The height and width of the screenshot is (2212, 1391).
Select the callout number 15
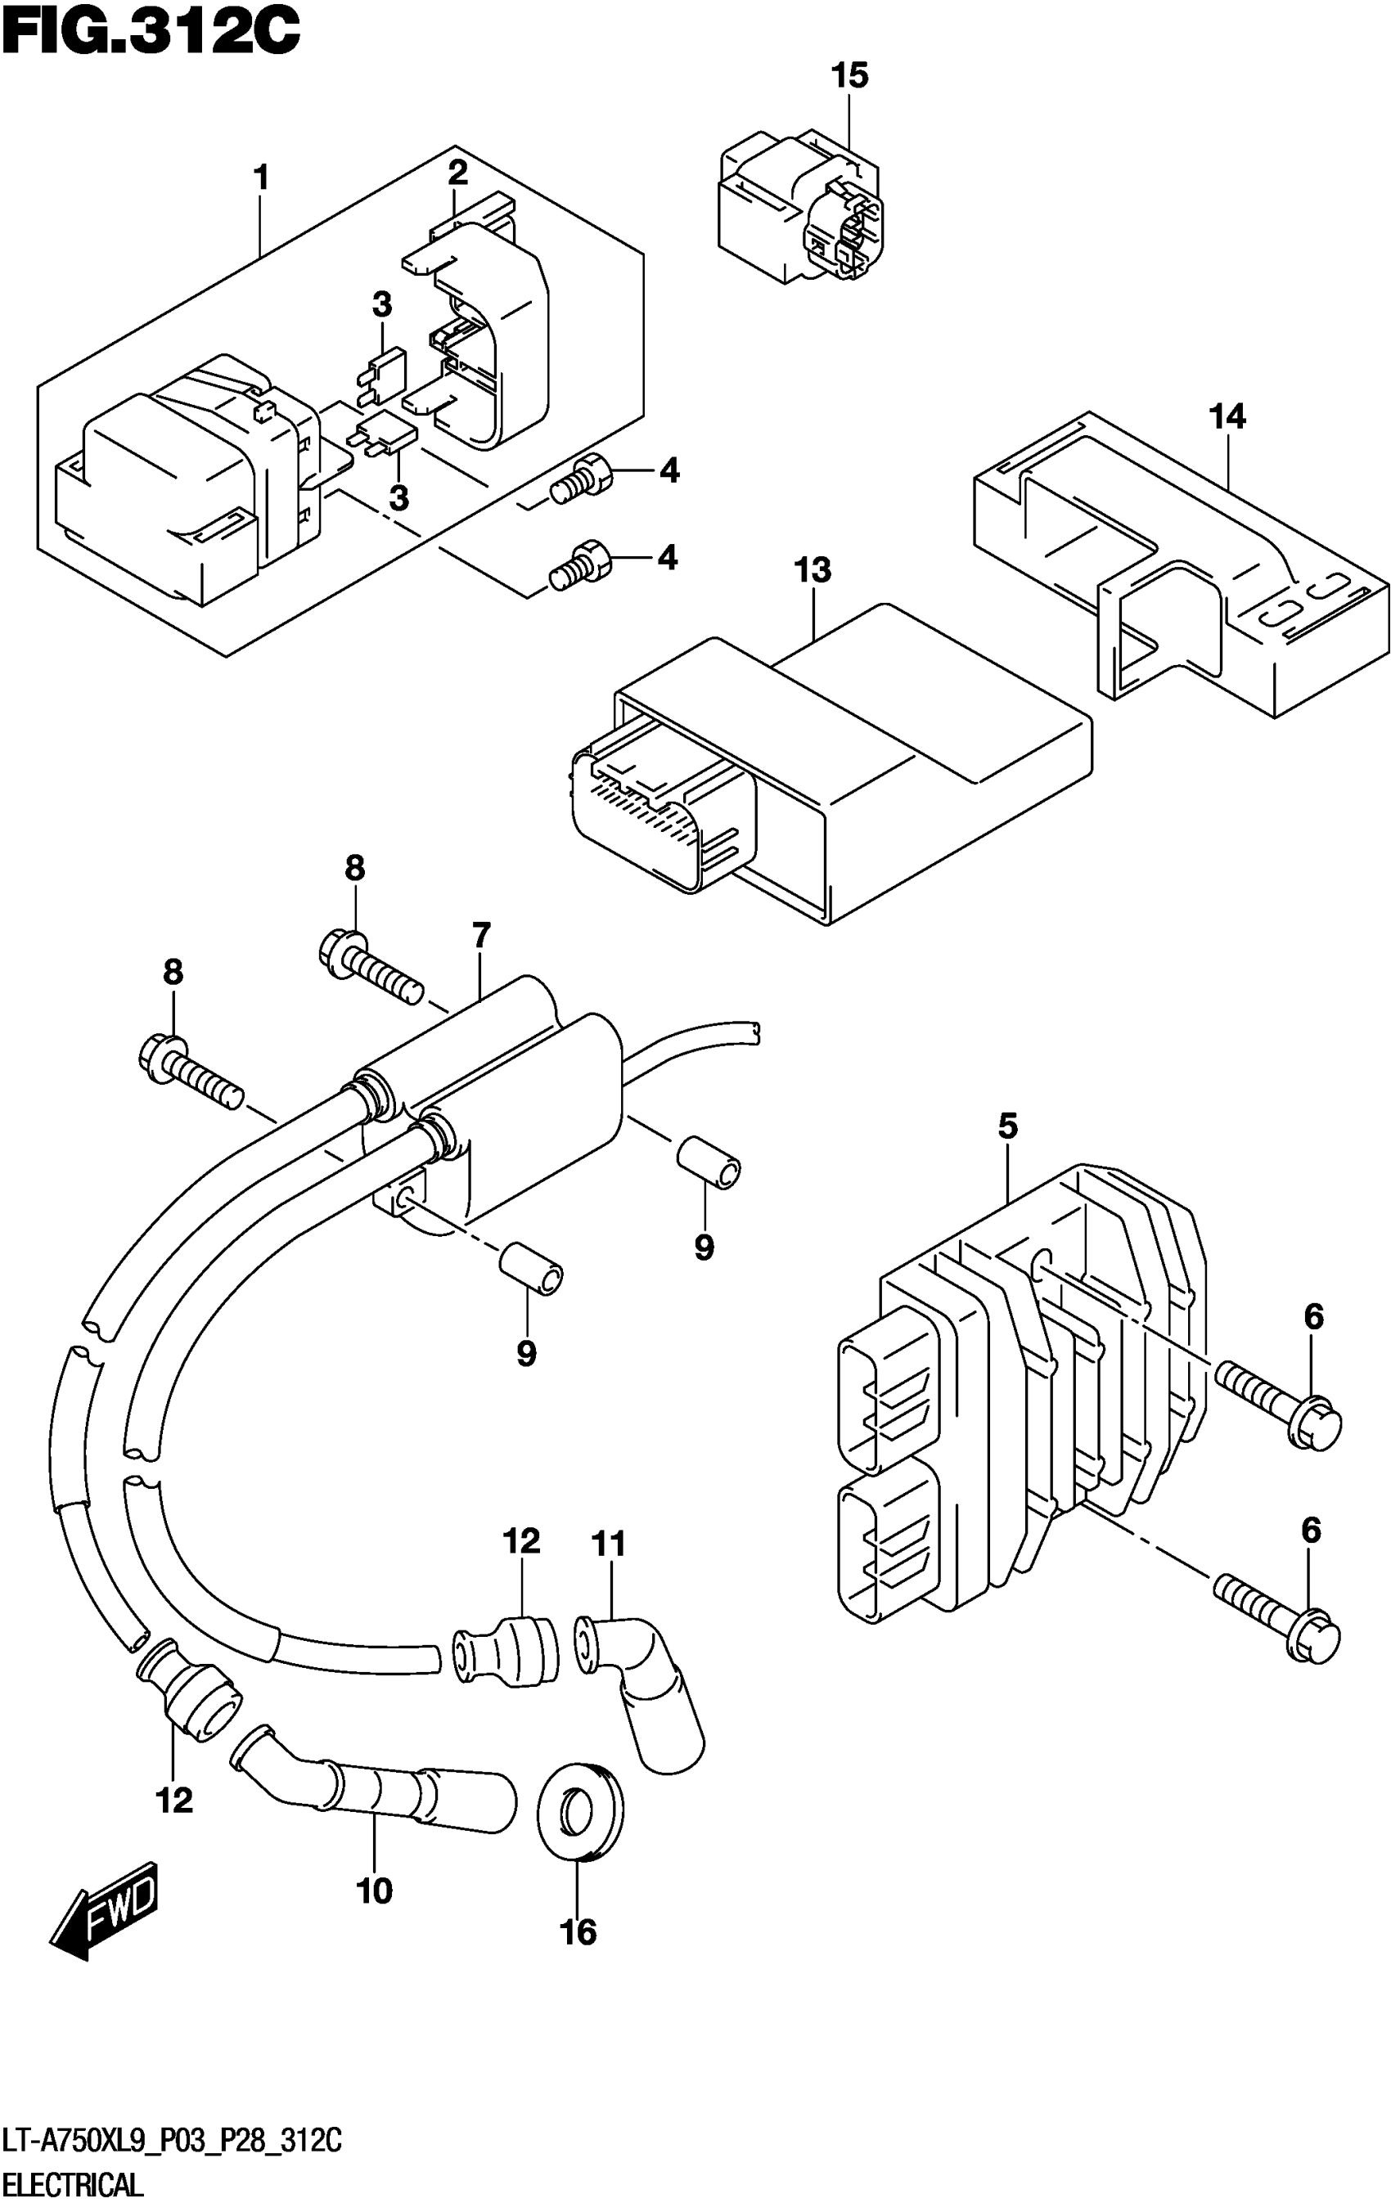(x=849, y=76)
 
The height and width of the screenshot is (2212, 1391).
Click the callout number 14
(x=1227, y=417)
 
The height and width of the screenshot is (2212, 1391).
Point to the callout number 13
(x=813, y=569)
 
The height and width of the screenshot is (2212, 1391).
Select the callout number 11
(x=608, y=1544)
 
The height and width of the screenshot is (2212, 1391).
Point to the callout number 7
(x=481, y=936)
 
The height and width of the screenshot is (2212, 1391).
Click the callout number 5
(x=1008, y=1126)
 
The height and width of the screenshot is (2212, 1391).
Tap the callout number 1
(x=262, y=178)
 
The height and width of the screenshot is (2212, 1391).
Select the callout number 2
(x=457, y=171)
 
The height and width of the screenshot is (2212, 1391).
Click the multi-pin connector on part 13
(x=657, y=808)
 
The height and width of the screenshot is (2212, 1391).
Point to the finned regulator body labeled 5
(x=1020, y=1378)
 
